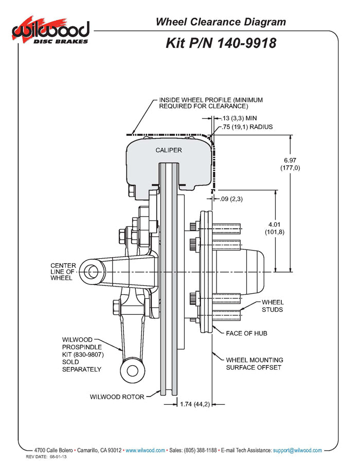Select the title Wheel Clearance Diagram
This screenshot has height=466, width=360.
click(x=221, y=22)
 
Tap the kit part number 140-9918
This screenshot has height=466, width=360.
click(x=221, y=43)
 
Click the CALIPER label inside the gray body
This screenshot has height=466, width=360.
click(x=169, y=150)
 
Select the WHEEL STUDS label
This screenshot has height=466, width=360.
click(x=272, y=306)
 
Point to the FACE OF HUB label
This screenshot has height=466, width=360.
click(x=246, y=333)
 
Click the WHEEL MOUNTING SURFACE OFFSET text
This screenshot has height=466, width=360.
click(x=255, y=364)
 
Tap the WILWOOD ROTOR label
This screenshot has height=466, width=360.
click(x=117, y=397)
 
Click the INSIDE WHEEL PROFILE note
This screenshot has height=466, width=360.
click(x=203, y=103)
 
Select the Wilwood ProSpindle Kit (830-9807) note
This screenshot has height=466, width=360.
click(x=82, y=354)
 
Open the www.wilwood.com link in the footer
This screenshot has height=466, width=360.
click(x=145, y=450)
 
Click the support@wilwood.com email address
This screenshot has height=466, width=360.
click(x=297, y=450)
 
